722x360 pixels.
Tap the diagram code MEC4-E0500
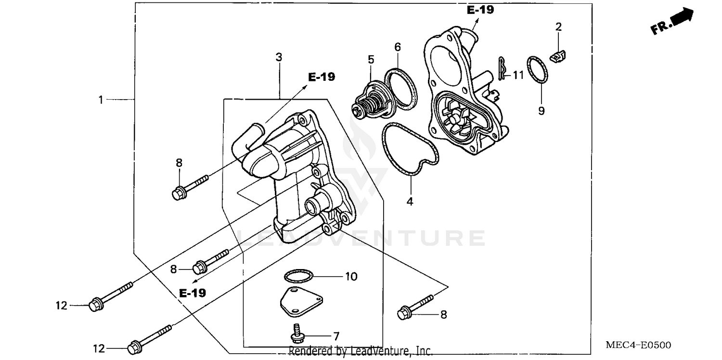pyautogui.click(x=638, y=345)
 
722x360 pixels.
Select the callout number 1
pyautogui.click(x=101, y=100)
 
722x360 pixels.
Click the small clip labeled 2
pyautogui.click(x=558, y=57)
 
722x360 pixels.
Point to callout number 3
pyautogui.click(x=279, y=57)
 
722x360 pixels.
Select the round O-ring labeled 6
pyautogui.click(x=400, y=87)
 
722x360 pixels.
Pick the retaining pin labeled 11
pyautogui.click(x=502, y=69)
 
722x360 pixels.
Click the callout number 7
pyautogui.click(x=336, y=335)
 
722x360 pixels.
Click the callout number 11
pyautogui.click(x=517, y=75)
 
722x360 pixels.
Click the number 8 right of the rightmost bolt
pyautogui.click(x=443, y=315)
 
